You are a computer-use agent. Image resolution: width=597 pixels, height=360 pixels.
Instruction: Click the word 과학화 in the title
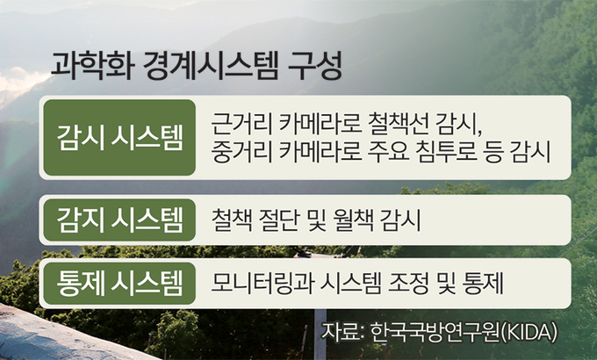92,67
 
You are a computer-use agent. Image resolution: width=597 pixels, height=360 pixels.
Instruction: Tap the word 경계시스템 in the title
211,67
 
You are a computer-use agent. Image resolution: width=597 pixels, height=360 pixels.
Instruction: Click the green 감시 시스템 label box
119,138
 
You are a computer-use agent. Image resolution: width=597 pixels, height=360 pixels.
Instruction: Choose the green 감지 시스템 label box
119,220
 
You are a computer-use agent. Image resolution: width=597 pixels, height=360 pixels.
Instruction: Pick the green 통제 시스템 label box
119,283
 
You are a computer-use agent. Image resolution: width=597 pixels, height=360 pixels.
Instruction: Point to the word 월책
353,220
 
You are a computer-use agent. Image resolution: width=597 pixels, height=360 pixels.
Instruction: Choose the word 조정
408,284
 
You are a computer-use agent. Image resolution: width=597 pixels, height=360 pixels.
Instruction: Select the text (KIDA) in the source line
528,333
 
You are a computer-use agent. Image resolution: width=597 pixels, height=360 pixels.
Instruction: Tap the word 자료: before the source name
342,332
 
